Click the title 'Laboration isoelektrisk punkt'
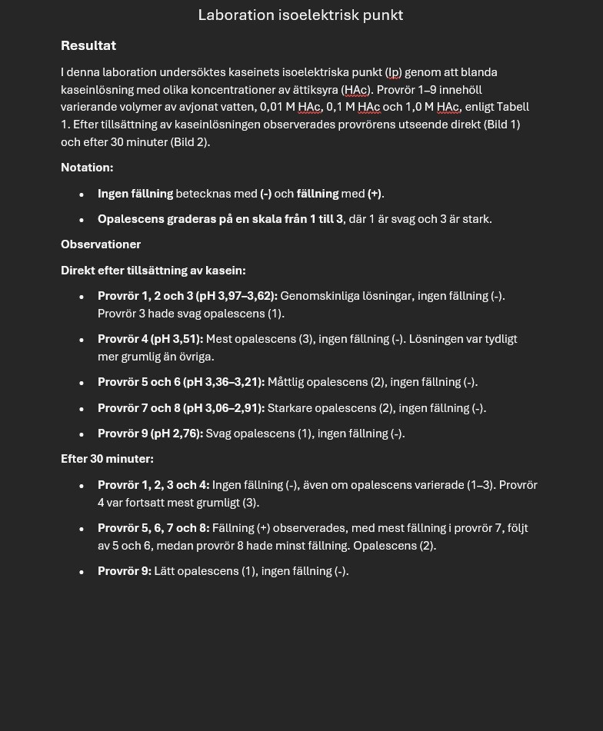tap(301, 15)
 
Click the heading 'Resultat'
tap(88, 46)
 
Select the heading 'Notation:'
tap(87, 168)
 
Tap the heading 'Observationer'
tap(101, 244)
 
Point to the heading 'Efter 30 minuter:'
tap(107, 459)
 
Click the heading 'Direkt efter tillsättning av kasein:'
tap(153, 271)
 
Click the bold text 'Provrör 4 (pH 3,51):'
tap(150, 339)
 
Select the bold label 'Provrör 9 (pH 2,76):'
tap(150, 434)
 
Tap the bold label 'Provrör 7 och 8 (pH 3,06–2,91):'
tap(181, 408)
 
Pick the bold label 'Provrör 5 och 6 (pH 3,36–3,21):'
tap(181, 382)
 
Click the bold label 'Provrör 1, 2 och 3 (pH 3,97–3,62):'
tap(187, 296)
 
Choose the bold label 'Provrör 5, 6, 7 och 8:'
tap(153, 528)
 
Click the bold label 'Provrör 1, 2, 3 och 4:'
tap(153, 485)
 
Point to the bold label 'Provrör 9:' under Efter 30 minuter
tap(124, 571)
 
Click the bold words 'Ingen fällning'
tap(135, 194)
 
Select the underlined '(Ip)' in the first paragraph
tap(393, 72)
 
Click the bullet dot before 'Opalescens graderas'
tap(82, 220)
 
